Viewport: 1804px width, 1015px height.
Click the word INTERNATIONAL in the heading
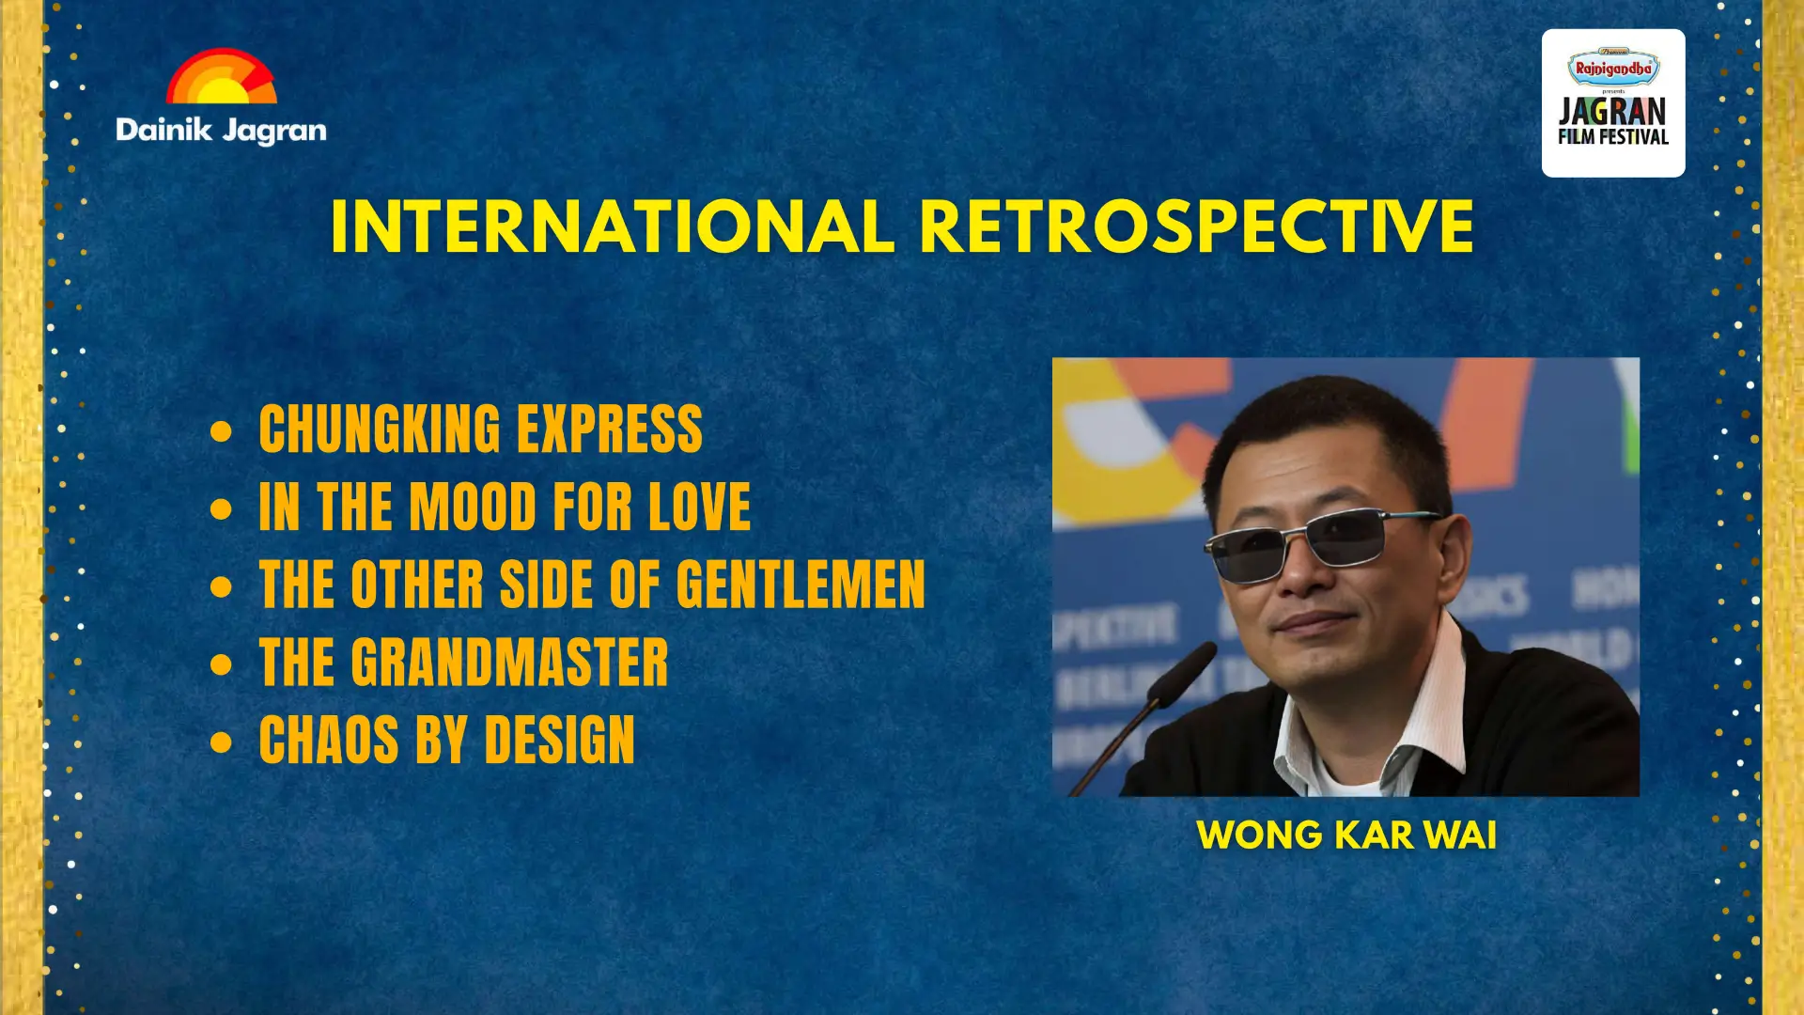[613, 226]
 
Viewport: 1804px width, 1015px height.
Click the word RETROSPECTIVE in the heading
[1197, 226]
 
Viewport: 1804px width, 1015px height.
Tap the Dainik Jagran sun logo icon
[222, 75]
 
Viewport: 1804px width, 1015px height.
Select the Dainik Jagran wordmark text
[221, 131]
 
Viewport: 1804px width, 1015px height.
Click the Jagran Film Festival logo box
[1613, 102]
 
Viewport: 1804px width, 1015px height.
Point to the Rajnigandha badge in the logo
[1613, 67]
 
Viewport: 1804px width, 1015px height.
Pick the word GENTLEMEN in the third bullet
[801, 585]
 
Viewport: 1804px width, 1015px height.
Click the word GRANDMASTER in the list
[510, 663]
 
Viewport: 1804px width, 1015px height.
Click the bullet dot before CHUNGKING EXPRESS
[222, 431]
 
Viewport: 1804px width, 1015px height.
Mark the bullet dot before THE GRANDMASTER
[222, 664]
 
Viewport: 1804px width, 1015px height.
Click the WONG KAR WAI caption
[1346, 835]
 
